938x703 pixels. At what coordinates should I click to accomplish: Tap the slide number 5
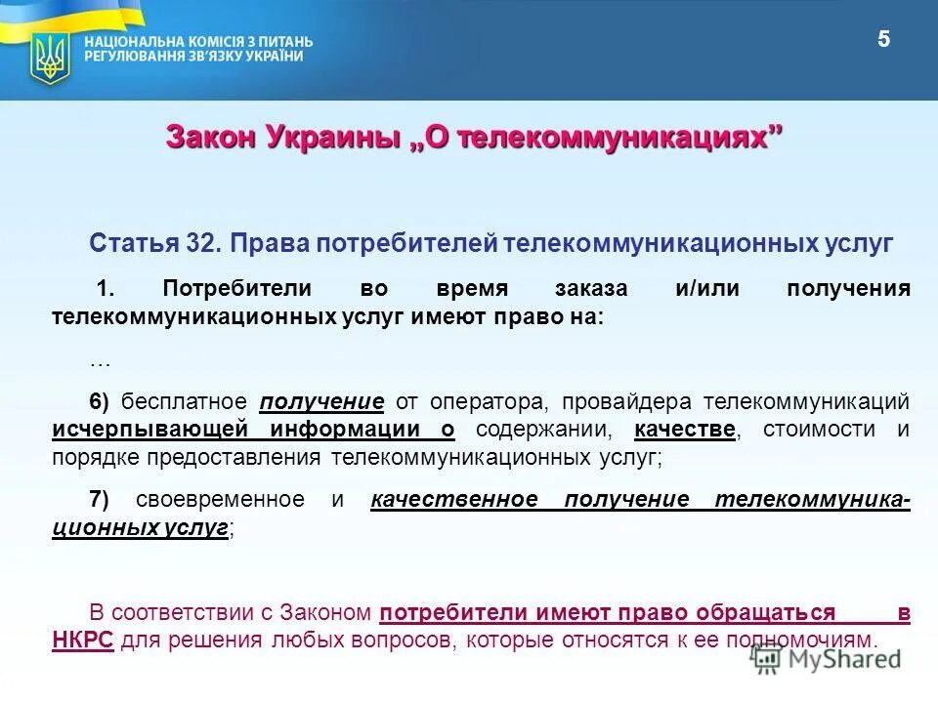point(884,40)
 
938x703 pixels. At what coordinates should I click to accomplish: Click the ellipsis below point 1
point(100,360)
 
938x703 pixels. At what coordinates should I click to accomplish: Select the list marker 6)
point(100,402)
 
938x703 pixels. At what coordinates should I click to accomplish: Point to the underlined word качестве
point(684,430)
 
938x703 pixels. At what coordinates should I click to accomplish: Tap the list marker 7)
point(100,500)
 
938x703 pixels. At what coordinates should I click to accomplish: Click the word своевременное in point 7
point(220,500)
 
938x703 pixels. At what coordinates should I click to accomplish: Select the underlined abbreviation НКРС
point(82,641)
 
